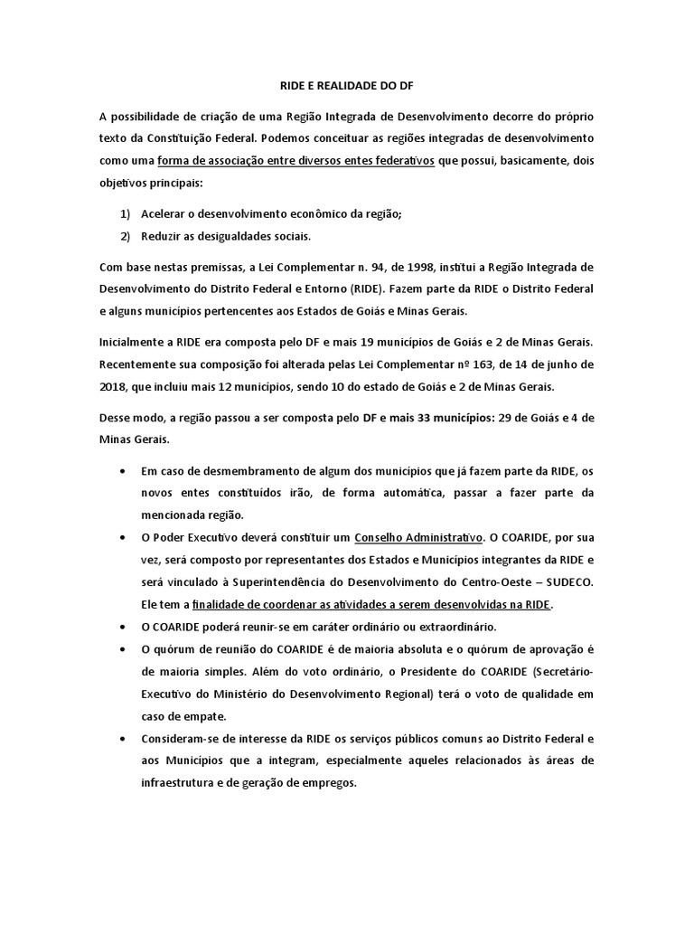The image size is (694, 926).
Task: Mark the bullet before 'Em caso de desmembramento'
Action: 123,472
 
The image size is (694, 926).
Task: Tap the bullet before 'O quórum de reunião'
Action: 123,648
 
